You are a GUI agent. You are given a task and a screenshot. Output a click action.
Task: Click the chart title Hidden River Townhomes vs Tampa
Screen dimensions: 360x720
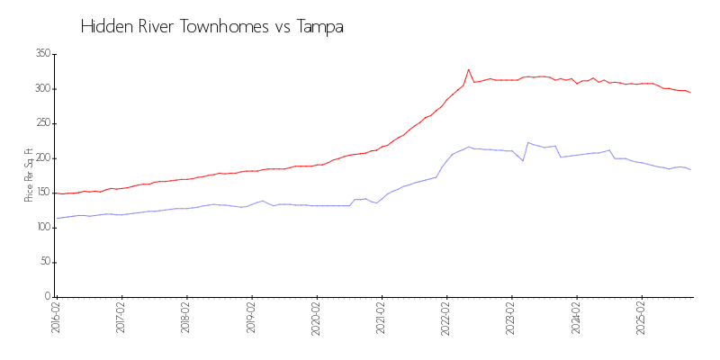(x=211, y=27)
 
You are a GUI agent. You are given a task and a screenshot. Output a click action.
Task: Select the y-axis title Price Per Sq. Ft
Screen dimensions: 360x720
(x=30, y=175)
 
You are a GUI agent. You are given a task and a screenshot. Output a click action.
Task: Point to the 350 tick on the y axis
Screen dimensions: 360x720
(x=40, y=54)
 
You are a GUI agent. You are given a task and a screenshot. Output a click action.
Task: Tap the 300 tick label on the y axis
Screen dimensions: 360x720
(x=40, y=89)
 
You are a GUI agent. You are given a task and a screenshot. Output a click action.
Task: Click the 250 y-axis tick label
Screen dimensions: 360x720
(x=40, y=123)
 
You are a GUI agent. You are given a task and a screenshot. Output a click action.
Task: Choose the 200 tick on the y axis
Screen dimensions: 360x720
(x=40, y=158)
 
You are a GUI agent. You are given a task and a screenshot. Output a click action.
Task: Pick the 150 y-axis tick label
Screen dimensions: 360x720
(x=40, y=193)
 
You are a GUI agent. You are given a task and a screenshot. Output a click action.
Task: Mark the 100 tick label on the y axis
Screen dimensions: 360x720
(x=40, y=228)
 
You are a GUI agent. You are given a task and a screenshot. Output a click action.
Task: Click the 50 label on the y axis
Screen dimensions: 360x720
(x=43, y=262)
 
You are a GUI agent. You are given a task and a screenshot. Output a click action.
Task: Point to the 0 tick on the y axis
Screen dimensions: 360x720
(x=46, y=297)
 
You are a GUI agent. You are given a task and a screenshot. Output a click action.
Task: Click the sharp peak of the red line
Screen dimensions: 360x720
(x=469, y=69)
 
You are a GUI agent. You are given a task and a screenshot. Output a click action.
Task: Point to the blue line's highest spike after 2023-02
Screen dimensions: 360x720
(x=528, y=142)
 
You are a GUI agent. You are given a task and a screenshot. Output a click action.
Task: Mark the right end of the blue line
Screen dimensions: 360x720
(x=690, y=170)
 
